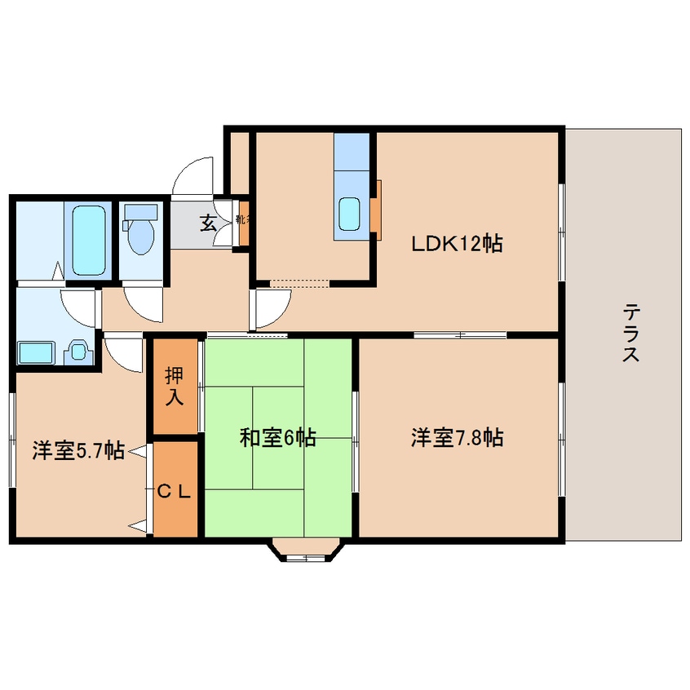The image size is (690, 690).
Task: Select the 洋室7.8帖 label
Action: (457, 438)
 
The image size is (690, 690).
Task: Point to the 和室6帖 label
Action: (277, 438)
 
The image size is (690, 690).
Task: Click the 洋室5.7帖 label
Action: (78, 449)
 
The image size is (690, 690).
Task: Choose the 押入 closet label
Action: (175, 387)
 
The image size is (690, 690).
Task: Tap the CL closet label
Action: (174, 491)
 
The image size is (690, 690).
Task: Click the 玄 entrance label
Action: (208, 221)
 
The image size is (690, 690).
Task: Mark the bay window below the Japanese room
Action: (306, 551)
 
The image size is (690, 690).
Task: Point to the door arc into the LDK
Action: (272, 307)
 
